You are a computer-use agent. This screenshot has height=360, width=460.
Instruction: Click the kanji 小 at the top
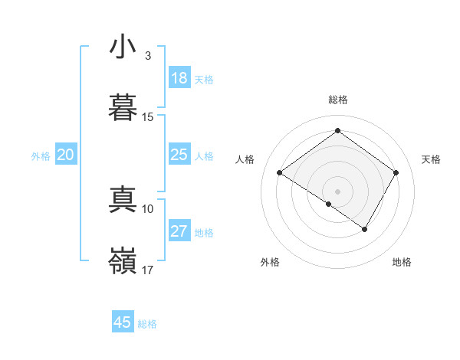click(123, 47)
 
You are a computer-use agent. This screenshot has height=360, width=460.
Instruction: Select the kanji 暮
click(123, 108)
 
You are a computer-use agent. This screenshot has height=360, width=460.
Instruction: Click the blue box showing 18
click(179, 78)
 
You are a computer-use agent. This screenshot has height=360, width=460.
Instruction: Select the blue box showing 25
click(179, 155)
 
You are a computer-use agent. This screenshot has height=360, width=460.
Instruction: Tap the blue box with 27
click(179, 231)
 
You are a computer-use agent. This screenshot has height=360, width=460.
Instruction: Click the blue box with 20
click(65, 155)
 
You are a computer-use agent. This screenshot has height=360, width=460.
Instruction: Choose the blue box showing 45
click(123, 322)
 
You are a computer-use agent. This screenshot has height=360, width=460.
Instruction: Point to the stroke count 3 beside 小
click(148, 56)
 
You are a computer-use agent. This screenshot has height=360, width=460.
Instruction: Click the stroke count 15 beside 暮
click(148, 117)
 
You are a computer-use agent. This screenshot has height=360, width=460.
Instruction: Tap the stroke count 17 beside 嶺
click(148, 270)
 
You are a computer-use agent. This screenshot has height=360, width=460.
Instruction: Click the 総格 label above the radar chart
click(337, 100)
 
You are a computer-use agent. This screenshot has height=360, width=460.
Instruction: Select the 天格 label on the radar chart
click(431, 159)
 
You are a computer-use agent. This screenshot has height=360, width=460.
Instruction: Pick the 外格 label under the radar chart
click(270, 262)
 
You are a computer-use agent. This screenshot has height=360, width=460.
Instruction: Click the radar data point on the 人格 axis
click(280, 173)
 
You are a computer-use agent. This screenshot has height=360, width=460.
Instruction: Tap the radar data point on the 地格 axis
click(365, 229)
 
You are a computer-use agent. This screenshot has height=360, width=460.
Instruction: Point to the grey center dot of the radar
click(337, 191)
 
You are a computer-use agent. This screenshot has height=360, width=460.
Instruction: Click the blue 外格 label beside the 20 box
click(41, 155)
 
